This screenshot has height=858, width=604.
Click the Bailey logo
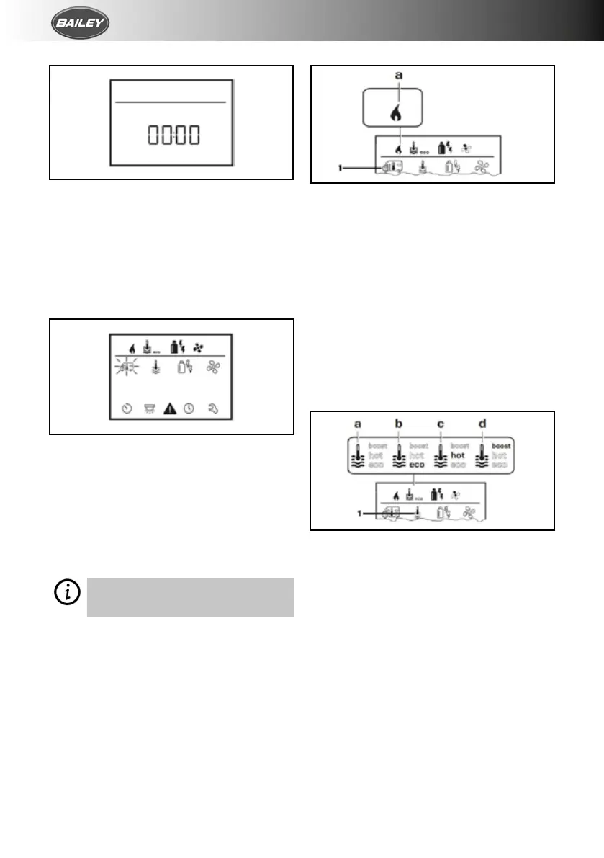coord(80,27)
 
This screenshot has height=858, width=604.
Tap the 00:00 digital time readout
coord(173,135)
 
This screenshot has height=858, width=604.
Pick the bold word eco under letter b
coord(418,465)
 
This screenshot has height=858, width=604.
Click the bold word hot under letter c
coord(459,455)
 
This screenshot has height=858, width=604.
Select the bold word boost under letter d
coord(500,446)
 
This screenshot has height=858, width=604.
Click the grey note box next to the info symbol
coord(190,596)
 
